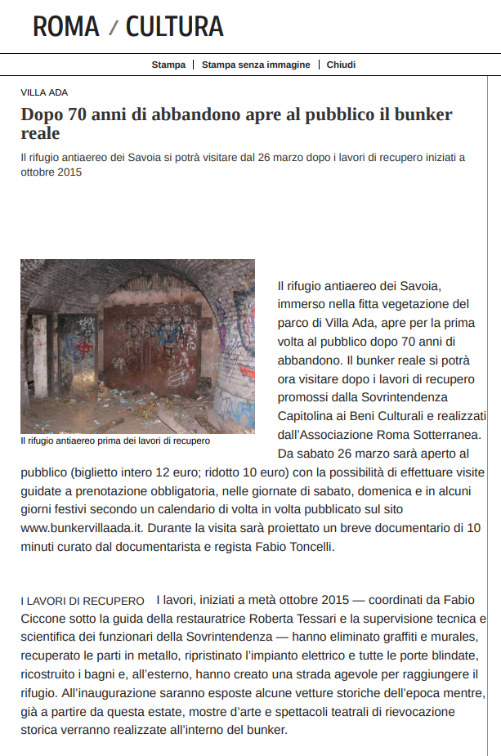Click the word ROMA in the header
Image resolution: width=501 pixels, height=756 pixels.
65,27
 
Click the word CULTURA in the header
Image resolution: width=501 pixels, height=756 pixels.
174,27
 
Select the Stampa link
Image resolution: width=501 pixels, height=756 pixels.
168,65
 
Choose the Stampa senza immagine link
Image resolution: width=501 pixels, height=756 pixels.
256,65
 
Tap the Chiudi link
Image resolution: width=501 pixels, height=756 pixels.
341,65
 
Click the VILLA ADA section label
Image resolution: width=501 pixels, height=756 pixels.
44,93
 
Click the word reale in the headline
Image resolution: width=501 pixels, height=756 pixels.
41,133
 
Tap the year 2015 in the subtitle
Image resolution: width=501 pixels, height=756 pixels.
69,172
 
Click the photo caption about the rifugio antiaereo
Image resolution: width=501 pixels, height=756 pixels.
115,441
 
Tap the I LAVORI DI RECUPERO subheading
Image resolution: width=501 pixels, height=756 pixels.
83,602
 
